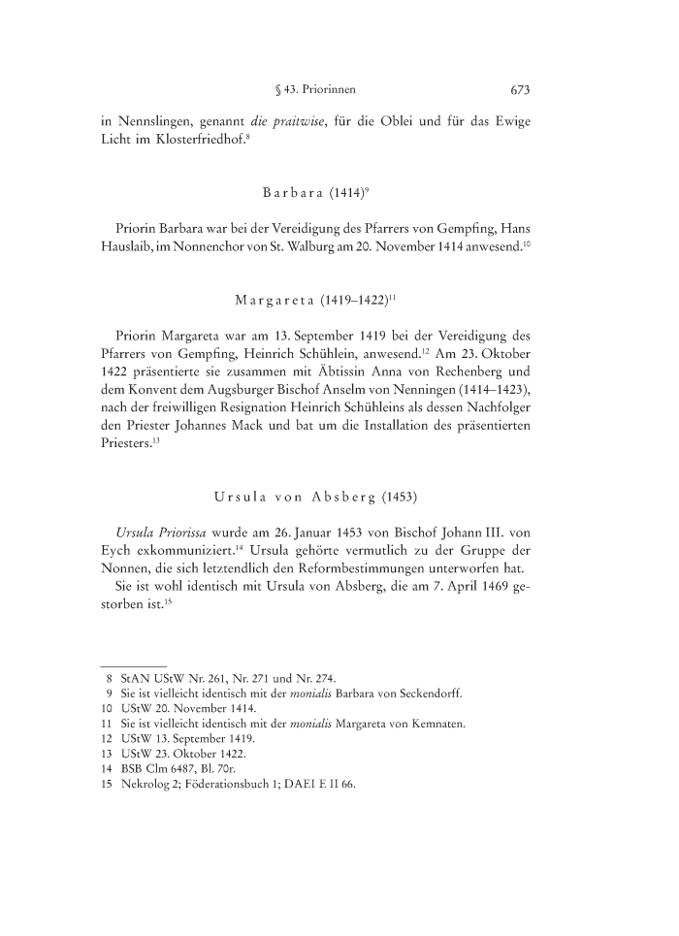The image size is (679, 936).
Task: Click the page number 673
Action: [520, 91]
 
